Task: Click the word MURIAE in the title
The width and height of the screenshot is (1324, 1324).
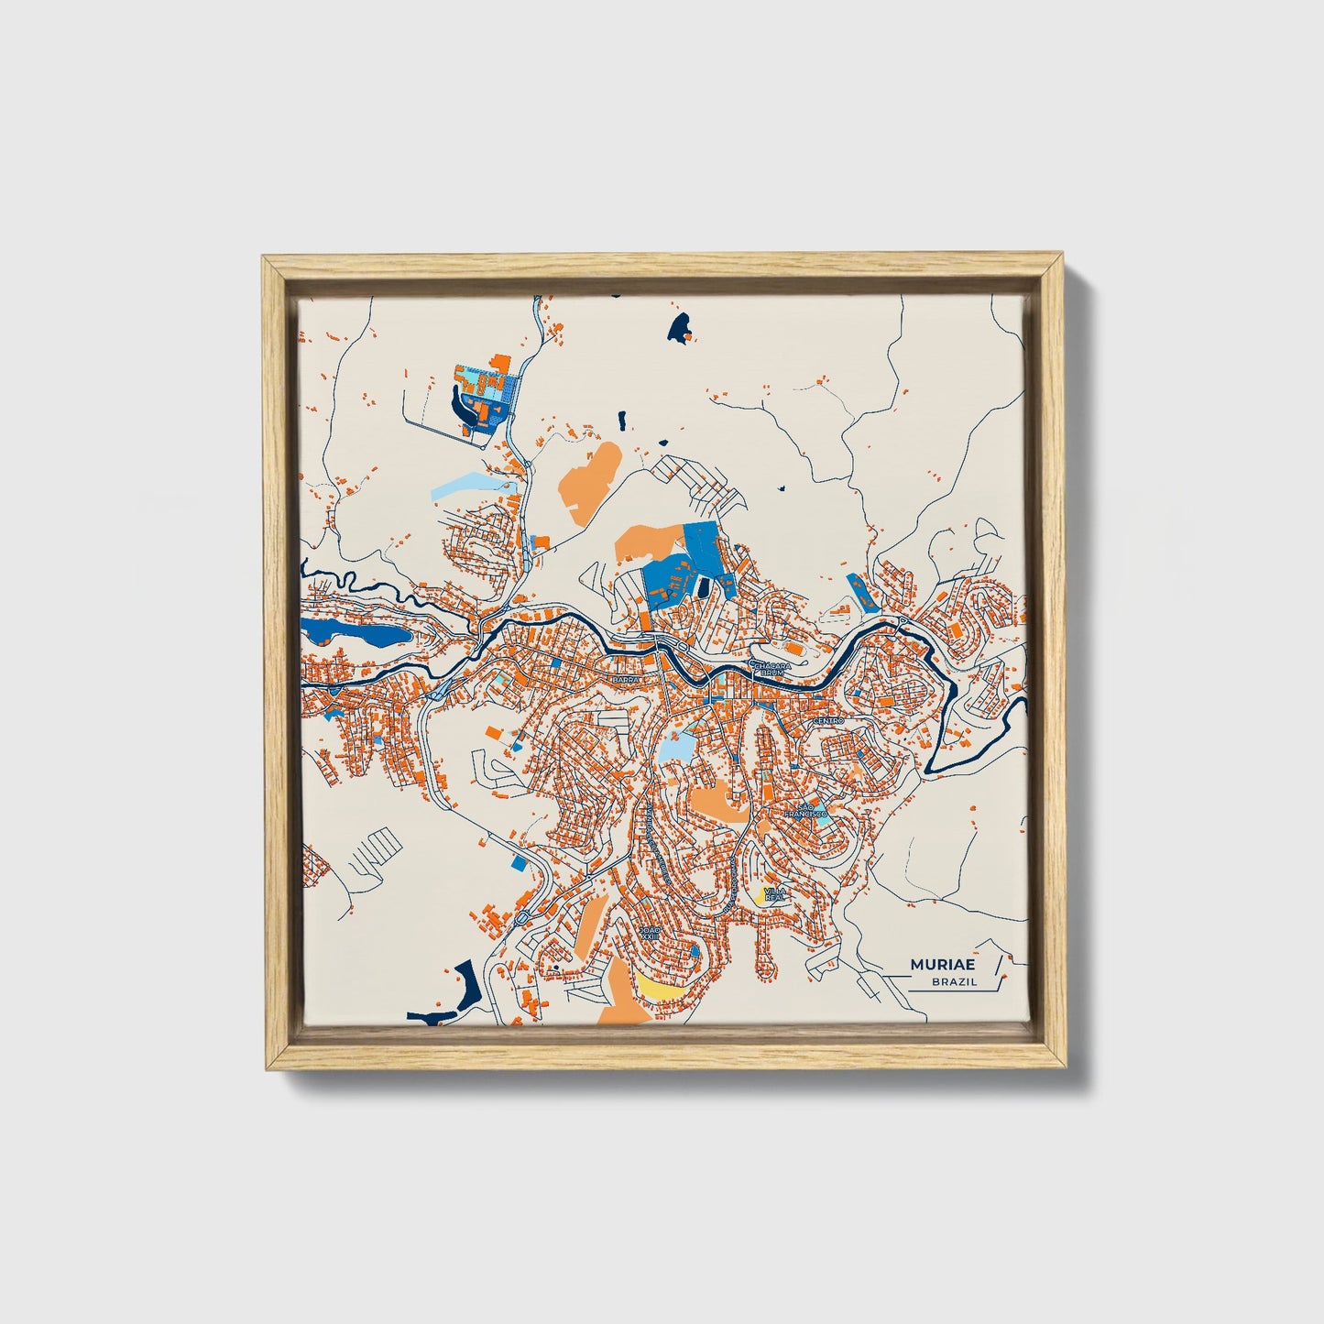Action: point(943,965)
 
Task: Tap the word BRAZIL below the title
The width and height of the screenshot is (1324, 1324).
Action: point(954,982)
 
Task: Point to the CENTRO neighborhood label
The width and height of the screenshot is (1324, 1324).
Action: point(827,721)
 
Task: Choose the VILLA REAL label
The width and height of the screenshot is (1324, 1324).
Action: point(775,894)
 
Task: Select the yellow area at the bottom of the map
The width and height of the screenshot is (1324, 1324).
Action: point(661,988)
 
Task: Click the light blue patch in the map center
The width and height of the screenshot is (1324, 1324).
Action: point(676,747)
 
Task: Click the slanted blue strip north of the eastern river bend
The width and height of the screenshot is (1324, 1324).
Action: point(862,593)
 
